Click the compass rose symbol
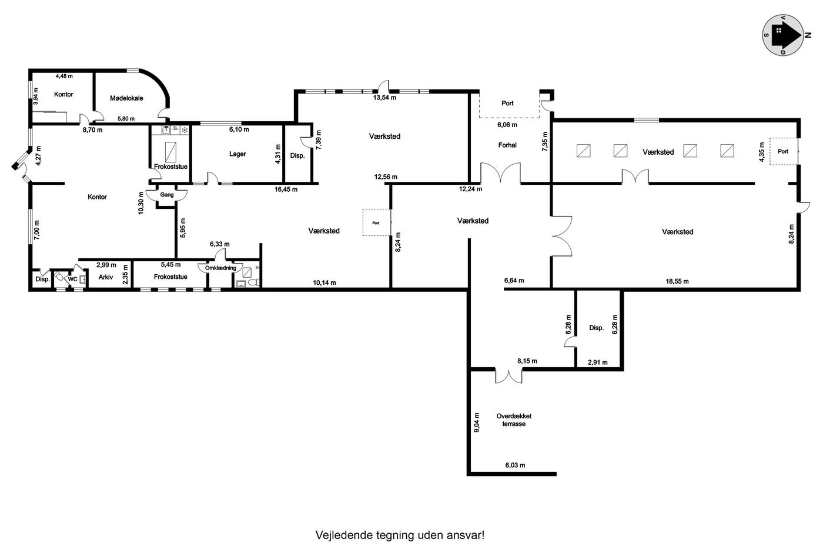[x=783, y=35]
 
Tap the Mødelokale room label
[x=126, y=98]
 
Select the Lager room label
[x=237, y=154]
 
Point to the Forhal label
[x=507, y=145]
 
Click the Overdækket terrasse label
[x=514, y=420]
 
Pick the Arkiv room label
[x=105, y=277]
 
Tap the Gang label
[x=167, y=195]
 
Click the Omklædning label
[x=220, y=268]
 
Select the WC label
[x=72, y=279]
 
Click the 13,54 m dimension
[x=384, y=98]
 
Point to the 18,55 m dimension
[x=677, y=281]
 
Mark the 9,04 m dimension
[x=477, y=422]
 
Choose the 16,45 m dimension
[x=286, y=189]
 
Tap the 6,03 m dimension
[x=515, y=465]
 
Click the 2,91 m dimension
[x=597, y=362]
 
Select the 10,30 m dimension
[x=140, y=203]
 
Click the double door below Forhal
[x=500, y=173]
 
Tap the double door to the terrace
[x=508, y=376]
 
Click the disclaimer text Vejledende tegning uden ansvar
[x=400, y=535]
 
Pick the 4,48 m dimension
[x=64, y=76]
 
